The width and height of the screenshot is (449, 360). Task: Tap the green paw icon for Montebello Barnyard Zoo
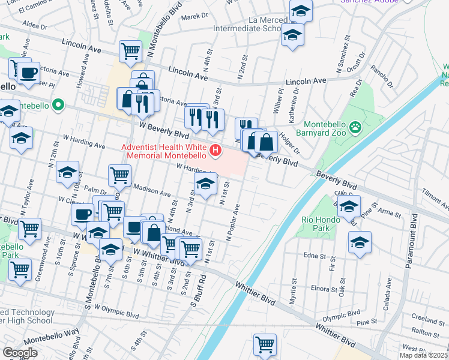[x=356, y=127]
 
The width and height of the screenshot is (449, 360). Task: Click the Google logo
[x=20, y=353]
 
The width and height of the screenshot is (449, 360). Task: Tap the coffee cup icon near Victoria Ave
[x=28, y=73]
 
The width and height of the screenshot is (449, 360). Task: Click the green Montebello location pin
[x=58, y=105]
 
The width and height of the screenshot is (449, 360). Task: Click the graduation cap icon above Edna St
[x=360, y=242]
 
